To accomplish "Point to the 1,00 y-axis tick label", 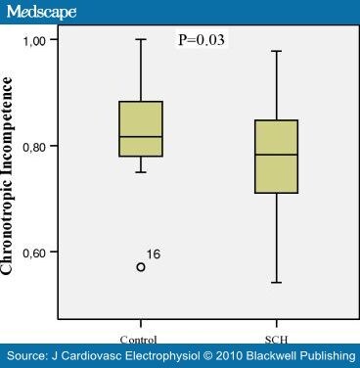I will tap(41, 39).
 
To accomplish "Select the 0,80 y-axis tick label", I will tap(41, 146).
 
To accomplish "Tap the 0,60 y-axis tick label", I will tap(41, 252).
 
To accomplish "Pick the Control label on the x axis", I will tap(141, 325).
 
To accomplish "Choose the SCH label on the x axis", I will tap(276, 325).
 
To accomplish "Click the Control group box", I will tap(141, 128).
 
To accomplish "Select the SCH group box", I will tap(276, 157).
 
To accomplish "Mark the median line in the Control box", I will tap(141, 137).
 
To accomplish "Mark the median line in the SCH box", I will tap(276, 155).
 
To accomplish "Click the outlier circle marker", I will tap(141, 266).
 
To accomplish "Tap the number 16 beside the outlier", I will tap(154, 254).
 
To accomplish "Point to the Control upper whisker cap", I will tap(141, 39).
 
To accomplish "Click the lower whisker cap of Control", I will tap(141, 172).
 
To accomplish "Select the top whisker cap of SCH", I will tap(276, 51).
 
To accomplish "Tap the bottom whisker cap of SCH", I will tap(276, 283).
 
